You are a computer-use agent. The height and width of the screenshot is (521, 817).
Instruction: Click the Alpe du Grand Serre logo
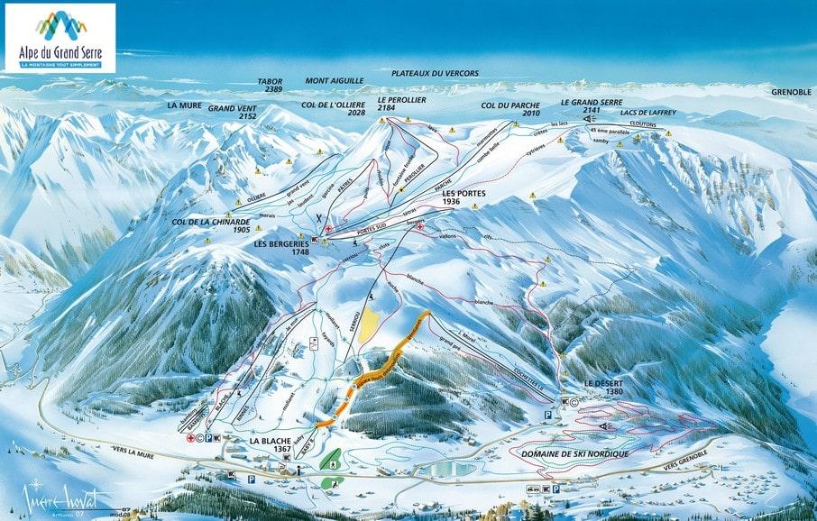(60, 38)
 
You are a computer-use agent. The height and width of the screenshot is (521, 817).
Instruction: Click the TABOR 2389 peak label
(270, 86)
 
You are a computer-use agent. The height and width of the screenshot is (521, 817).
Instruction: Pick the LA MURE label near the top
(184, 105)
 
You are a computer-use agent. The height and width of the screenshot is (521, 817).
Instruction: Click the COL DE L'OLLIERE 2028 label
(334, 109)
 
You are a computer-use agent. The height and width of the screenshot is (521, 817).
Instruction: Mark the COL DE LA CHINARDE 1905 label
(210, 225)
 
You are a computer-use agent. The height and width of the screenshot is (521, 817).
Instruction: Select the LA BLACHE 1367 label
(268, 443)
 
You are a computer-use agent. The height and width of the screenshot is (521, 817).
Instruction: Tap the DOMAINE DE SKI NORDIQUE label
(574, 454)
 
